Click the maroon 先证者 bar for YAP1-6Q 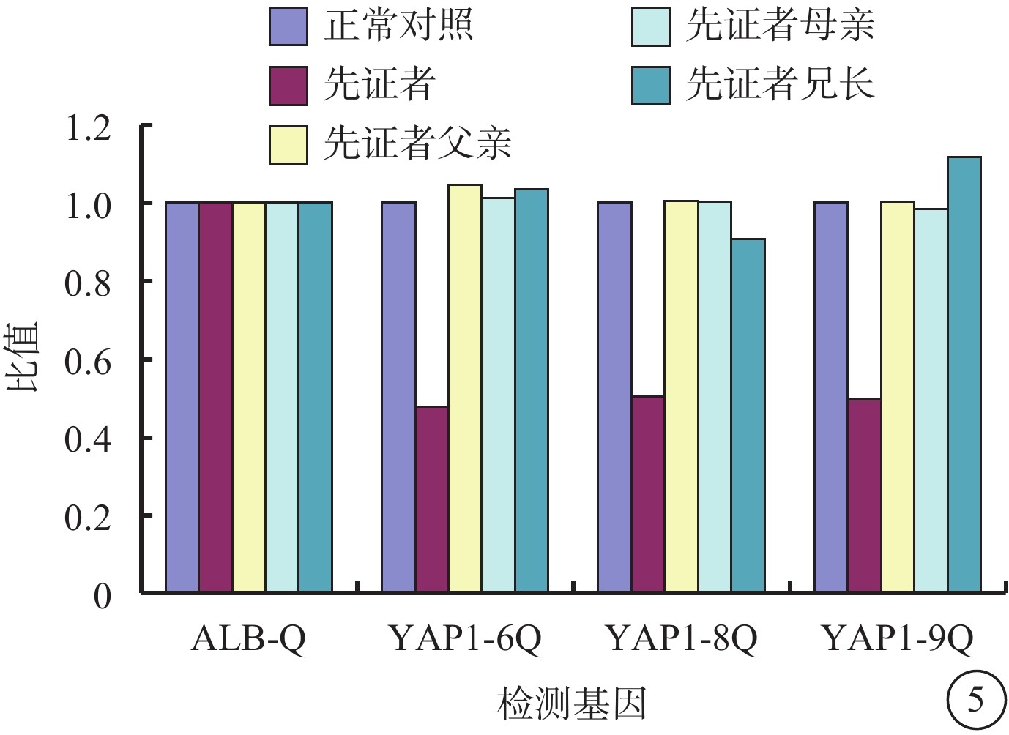431,499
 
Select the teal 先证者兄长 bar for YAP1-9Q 964,374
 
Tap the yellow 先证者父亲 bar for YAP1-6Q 465,388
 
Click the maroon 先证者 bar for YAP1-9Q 864,495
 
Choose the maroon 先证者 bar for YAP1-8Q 648,493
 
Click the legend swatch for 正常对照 288,26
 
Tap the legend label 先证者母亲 779,26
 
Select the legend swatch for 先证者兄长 651,85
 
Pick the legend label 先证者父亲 417,143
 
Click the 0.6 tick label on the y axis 88,361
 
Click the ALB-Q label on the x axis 248,639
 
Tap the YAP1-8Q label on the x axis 681,639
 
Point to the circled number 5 975,701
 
